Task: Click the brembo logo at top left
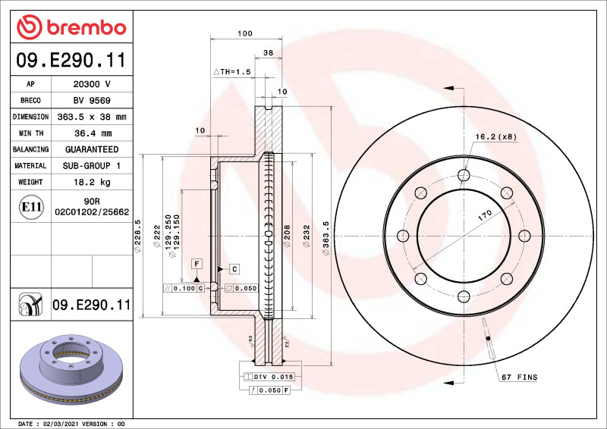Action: [x=71, y=27]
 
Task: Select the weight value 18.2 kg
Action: [x=90, y=182]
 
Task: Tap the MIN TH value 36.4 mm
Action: [x=90, y=133]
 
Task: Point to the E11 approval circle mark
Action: [x=30, y=206]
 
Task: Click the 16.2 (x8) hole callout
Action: [x=496, y=136]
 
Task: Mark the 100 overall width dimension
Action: [x=244, y=33]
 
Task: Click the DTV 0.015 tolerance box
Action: [x=272, y=377]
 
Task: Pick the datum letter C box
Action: [x=234, y=269]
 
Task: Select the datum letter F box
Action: [x=197, y=263]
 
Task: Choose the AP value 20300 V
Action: [x=90, y=84]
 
